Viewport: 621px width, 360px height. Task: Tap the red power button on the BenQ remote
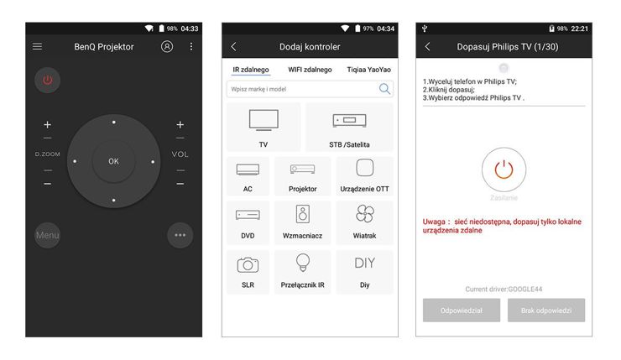tap(48, 81)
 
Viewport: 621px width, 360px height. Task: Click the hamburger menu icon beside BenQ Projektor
tap(37, 47)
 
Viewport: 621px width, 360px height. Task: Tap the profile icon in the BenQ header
tap(167, 47)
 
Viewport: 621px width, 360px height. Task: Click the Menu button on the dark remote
tap(48, 235)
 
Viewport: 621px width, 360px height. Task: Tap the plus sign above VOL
tap(180, 125)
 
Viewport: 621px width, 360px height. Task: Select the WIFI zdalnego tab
tap(310, 70)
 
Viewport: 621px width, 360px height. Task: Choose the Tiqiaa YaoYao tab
tap(368, 70)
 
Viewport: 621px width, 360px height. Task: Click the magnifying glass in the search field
tap(384, 89)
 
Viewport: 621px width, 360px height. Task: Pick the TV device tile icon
tap(264, 120)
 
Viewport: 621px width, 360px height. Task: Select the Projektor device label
tap(303, 189)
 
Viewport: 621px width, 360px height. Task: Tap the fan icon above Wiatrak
tap(365, 214)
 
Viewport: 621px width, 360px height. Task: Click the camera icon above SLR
tap(248, 264)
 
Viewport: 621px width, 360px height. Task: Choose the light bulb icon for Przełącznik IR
tap(303, 263)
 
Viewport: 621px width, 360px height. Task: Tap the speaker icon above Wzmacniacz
tap(303, 214)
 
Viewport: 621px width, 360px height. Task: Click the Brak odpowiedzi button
tap(546, 310)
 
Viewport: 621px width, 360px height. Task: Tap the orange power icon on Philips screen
tap(504, 170)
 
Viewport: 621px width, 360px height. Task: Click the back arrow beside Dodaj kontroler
tap(233, 47)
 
